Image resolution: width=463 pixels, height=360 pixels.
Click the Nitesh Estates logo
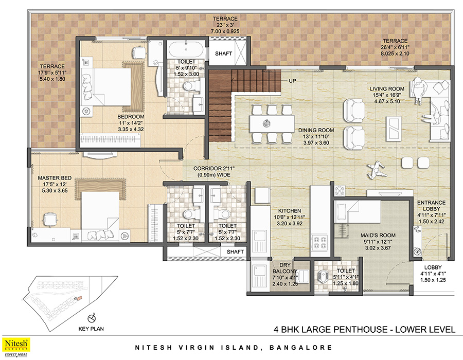[16, 347]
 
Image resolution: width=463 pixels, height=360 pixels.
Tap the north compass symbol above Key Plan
[92, 318]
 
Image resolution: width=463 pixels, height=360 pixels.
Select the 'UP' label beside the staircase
[292, 81]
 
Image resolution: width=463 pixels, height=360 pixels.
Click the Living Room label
[387, 89]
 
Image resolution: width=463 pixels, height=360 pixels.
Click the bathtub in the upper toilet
[186, 49]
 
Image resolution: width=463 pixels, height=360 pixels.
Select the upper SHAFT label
[223, 53]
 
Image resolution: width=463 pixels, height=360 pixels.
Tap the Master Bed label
[55, 178]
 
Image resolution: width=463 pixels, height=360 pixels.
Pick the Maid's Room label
[378, 236]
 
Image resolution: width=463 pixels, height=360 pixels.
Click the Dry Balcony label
[285, 268]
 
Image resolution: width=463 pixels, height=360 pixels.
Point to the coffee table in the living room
[394, 129]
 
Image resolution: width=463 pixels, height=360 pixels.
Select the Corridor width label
[214, 171]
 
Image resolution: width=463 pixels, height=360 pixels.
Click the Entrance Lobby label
[432, 206]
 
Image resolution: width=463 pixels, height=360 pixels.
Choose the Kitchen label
[290, 211]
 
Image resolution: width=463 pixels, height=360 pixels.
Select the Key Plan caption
[91, 329]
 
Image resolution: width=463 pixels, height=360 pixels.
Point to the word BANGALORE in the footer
[300, 348]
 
